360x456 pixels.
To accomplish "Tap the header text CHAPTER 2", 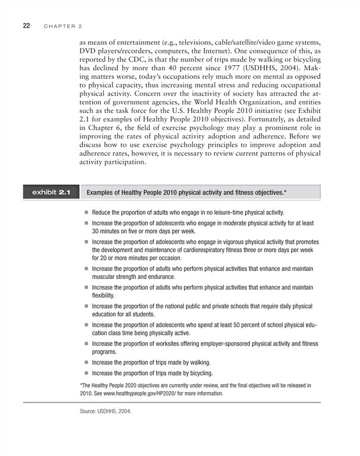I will point(63,25).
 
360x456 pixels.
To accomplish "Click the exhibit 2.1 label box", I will point(50,193).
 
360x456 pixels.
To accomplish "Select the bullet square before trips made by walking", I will point(87,363).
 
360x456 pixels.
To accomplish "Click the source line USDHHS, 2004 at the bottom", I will point(105,411).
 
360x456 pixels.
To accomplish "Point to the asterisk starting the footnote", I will point(81,385).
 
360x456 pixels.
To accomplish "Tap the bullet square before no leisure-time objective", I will point(87,212).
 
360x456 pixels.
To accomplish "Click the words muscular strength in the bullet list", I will point(118,277).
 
